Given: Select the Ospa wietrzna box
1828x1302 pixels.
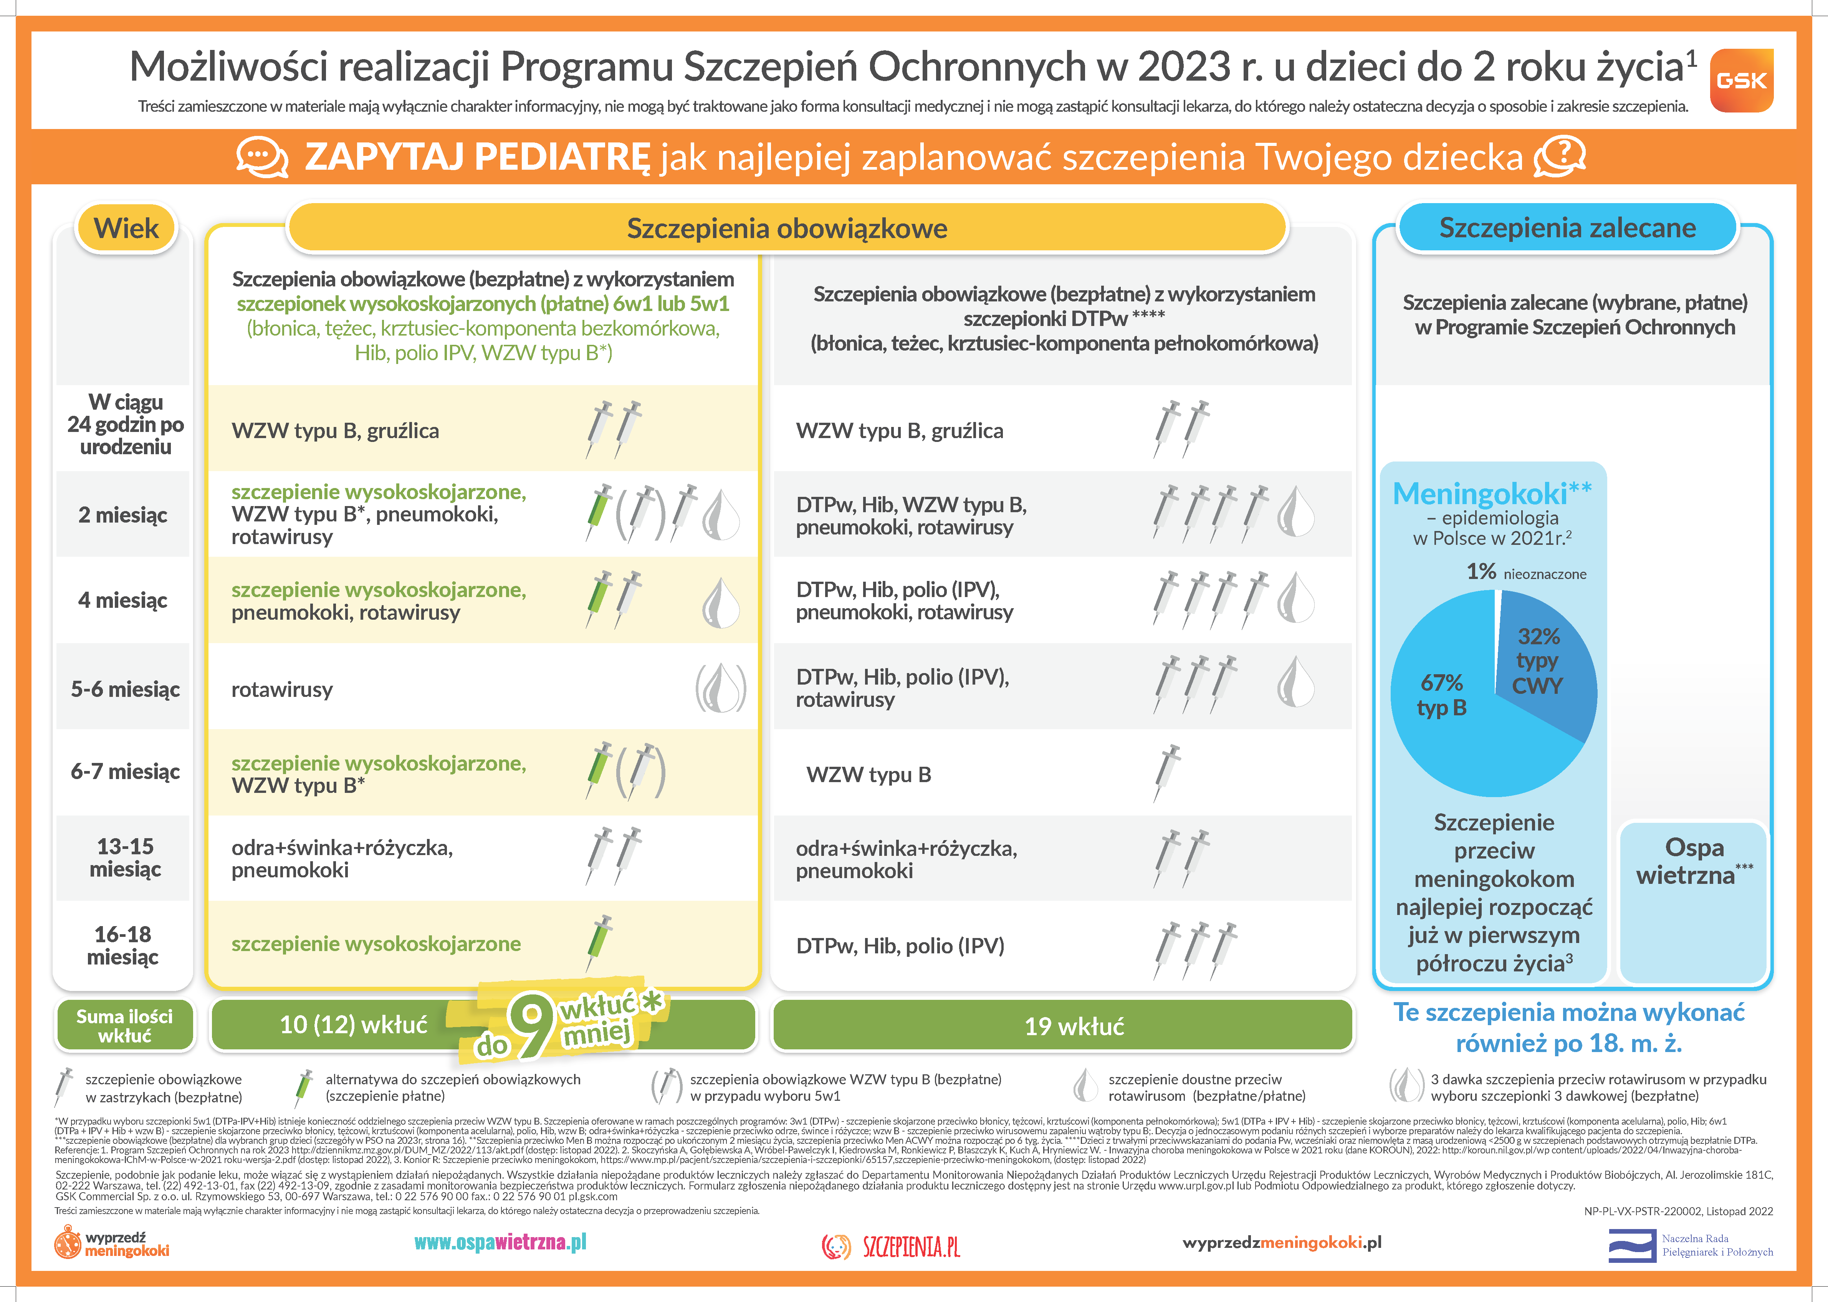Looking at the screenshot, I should (1693, 862).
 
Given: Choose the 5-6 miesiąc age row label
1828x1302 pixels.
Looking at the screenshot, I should (125, 690).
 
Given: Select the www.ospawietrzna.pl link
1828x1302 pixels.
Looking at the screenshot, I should (500, 1242).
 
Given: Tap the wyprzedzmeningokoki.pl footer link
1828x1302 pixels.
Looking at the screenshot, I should (1281, 1242).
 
